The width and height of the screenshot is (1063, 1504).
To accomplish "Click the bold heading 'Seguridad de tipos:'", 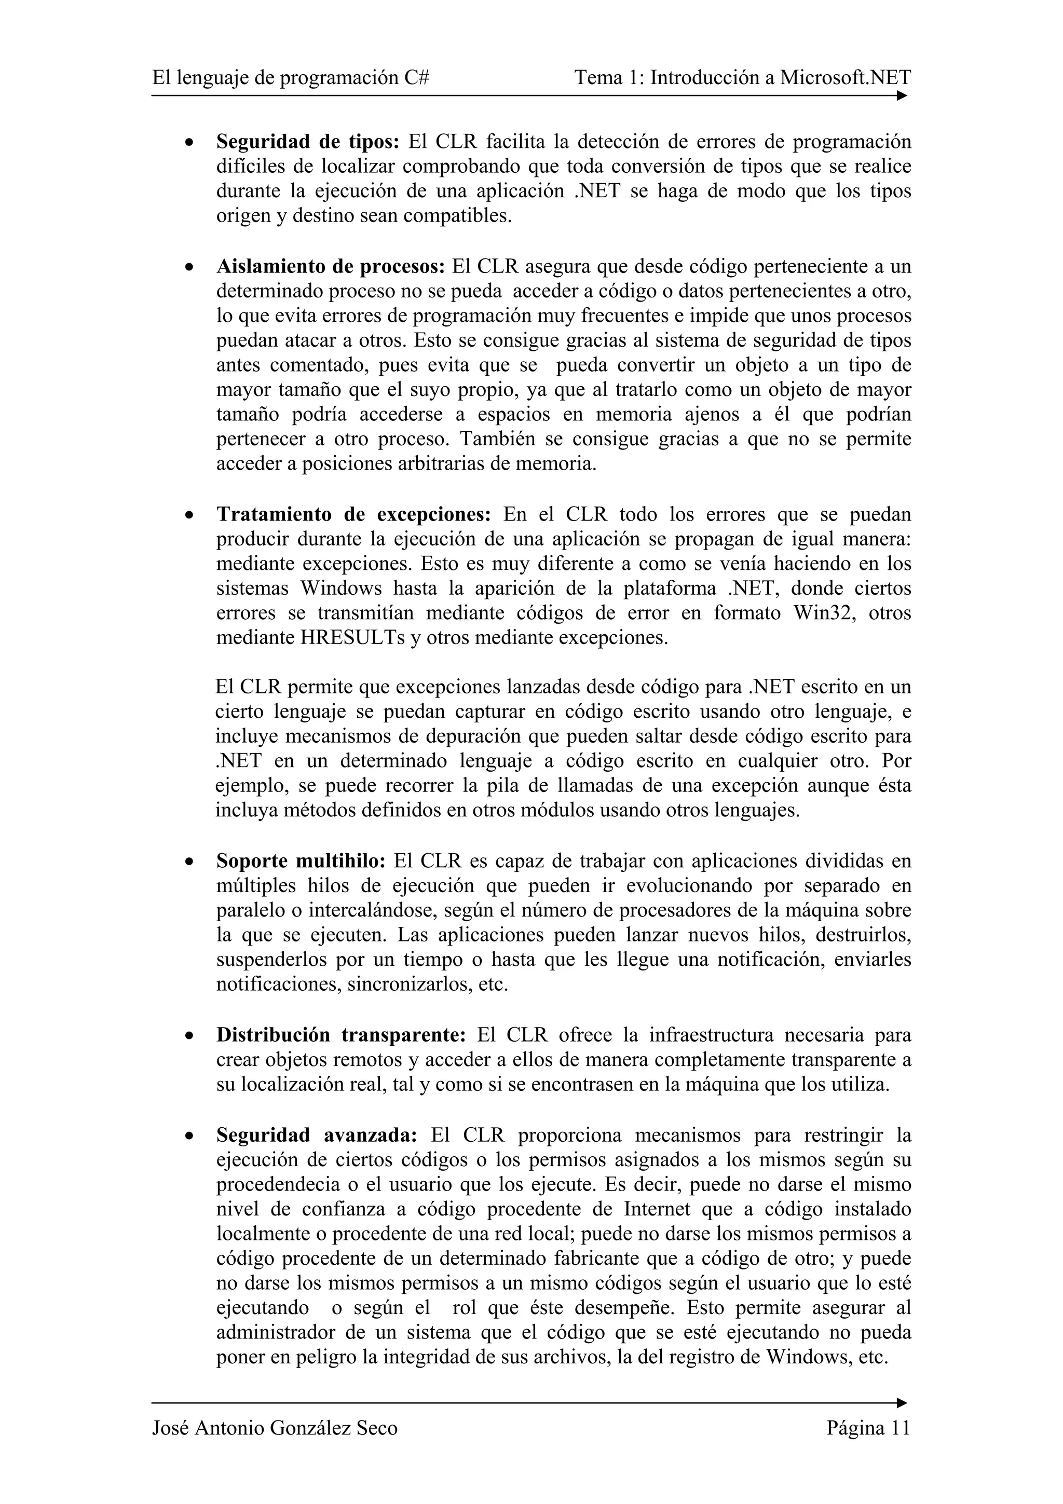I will tap(307, 142).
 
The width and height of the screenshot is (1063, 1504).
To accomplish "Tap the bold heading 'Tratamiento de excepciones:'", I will tap(353, 514).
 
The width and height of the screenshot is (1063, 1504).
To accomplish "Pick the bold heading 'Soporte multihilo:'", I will tap(301, 861).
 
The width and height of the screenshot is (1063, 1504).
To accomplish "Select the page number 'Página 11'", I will tap(868, 1427).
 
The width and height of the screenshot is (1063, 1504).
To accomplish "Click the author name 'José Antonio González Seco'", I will tap(275, 1427).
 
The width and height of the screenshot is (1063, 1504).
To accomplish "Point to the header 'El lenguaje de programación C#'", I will tap(291, 78).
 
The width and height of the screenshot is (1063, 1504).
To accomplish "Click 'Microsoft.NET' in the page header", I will tap(845, 78).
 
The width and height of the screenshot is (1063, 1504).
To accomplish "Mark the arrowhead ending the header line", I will tap(902, 95).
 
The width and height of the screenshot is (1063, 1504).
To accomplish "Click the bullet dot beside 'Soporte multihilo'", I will tap(189, 863).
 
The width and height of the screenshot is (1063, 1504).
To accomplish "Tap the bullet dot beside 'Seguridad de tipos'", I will tap(189, 143).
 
